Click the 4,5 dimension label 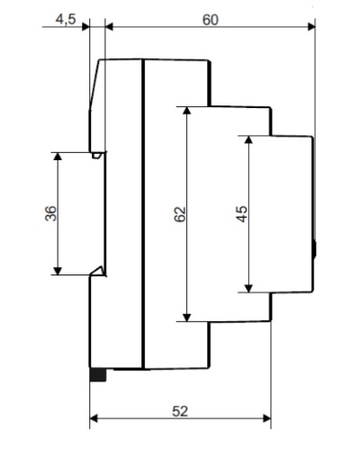pos(66,20)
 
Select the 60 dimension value pos(211,20)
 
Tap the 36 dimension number pos(50,213)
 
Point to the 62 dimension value pos(180,214)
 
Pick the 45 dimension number pos(242,214)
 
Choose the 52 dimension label pos(180,411)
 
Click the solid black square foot pos(98,374)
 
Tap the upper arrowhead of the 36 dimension pos(58,156)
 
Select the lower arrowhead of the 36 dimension pos(58,271)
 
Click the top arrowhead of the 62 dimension pos(187,111)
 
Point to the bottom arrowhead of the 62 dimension pos(187,318)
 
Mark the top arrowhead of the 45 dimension pos(248,139)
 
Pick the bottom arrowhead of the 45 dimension pos(248,288)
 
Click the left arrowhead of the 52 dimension pos(94,418)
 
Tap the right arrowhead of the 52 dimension pos(267,418)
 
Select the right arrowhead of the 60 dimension pos(311,27)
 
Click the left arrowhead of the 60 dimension pos(110,27)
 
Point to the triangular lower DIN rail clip pos(98,271)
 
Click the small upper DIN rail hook pos(96,156)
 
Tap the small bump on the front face pos(314,249)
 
